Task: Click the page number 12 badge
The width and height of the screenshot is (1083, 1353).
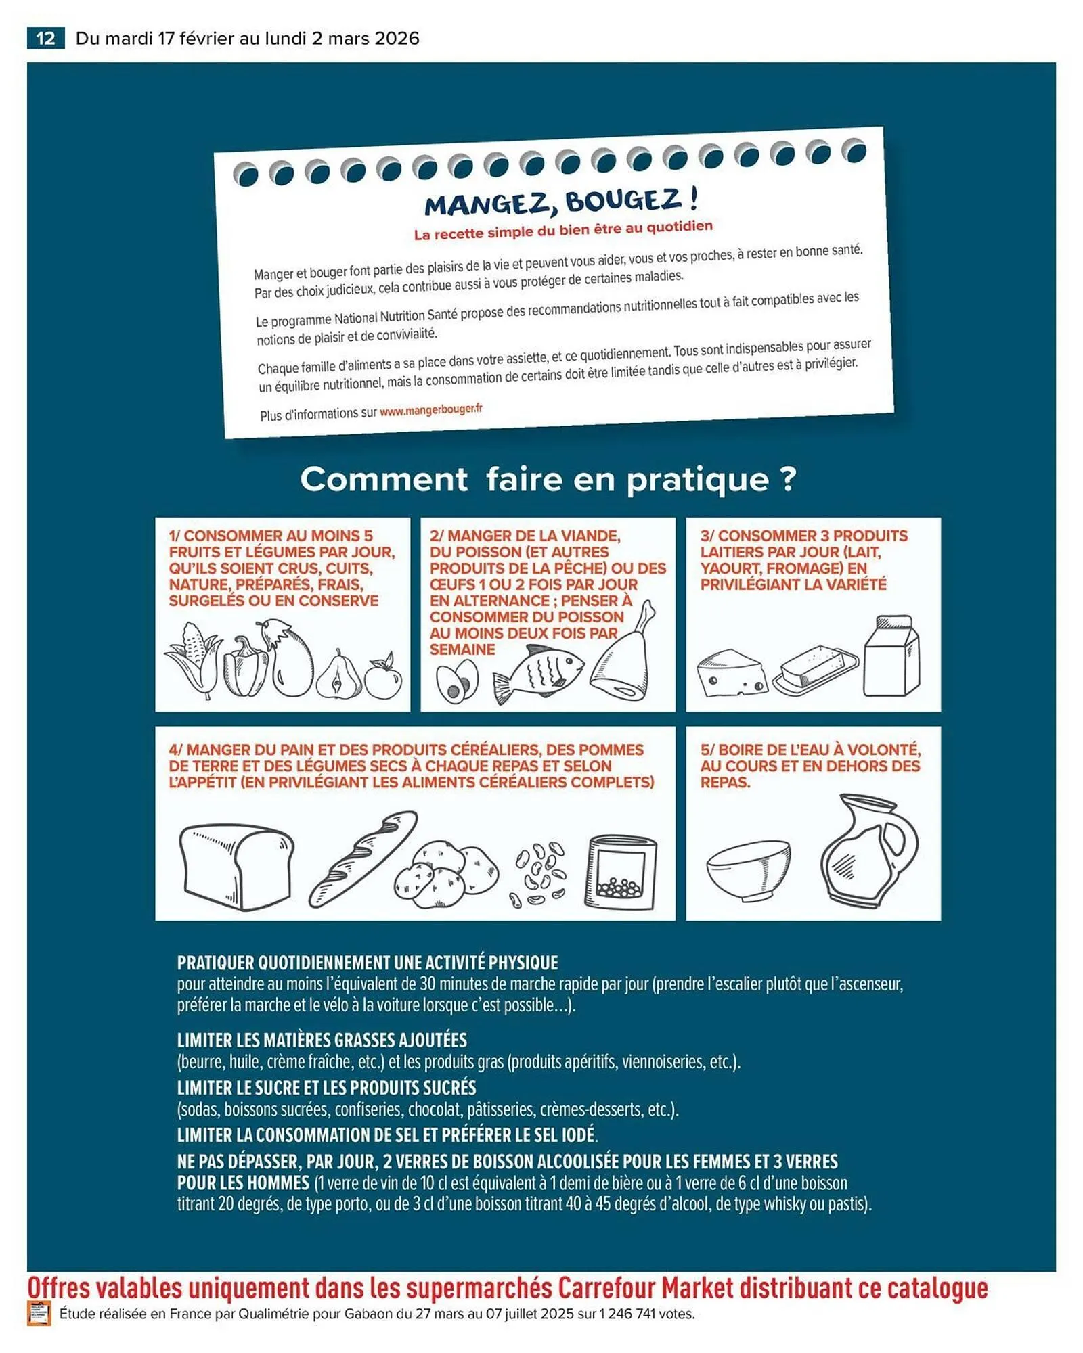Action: click(x=45, y=38)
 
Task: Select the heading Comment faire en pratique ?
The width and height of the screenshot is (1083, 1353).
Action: click(x=548, y=480)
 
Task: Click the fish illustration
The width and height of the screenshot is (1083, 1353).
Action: click(x=538, y=674)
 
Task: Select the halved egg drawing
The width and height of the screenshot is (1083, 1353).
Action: click(x=457, y=681)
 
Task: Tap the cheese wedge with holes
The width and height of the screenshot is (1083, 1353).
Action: click(x=732, y=674)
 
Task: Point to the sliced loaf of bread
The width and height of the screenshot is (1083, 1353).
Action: click(x=236, y=867)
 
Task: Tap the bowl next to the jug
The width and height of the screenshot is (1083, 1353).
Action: click(x=749, y=869)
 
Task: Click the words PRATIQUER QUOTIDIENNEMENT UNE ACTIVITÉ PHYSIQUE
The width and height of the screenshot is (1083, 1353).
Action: click(x=368, y=963)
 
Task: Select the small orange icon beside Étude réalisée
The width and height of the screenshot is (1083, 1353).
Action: click(x=39, y=1314)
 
